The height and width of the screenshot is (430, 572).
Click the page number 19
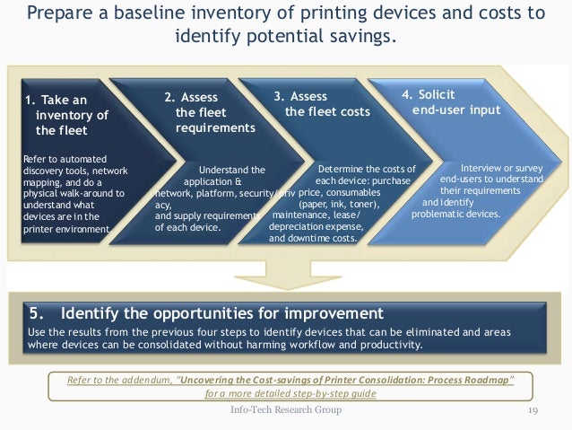[x=532, y=409]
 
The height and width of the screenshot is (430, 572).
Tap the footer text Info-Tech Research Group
[x=286, y=409]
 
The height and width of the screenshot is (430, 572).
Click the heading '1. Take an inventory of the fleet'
[x=66, y=115]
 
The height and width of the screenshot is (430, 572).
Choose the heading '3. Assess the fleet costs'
[x=322, y=103]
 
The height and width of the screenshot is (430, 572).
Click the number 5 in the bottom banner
[x=36, y=313]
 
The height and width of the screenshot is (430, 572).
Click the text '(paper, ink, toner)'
[x=337, y=204]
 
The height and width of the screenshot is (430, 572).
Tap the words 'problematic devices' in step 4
[x=456, y=215]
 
